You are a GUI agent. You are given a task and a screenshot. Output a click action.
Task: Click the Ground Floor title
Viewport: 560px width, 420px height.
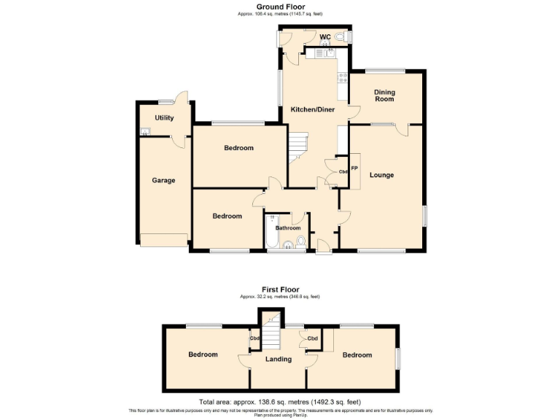[x=280, y=7]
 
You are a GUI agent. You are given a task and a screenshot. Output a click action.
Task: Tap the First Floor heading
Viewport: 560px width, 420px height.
[x=280, y=289]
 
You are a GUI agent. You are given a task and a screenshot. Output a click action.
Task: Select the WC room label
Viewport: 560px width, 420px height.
[x=324, y=37]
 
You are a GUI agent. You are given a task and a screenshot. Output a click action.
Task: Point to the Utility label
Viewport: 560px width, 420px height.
[x=164, y=117]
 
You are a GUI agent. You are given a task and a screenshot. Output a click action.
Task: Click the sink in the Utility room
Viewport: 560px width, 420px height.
[x=145, y=131]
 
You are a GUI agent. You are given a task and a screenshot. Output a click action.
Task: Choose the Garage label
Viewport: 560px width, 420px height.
[x=163, y=180]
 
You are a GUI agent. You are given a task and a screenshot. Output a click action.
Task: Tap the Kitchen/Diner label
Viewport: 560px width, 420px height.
[x=313, y=109]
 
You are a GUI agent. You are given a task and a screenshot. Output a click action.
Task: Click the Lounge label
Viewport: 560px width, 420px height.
[x=381, y=175]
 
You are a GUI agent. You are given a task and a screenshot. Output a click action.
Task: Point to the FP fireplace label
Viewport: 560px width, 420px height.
[x=354, y=168]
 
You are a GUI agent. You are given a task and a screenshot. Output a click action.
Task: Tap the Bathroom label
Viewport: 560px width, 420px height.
[x=287, y=227]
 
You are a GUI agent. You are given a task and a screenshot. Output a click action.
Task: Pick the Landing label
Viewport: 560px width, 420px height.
[x=279, y=359]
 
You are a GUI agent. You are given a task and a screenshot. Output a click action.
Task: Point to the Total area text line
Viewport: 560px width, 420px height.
[x=280, y=402]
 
